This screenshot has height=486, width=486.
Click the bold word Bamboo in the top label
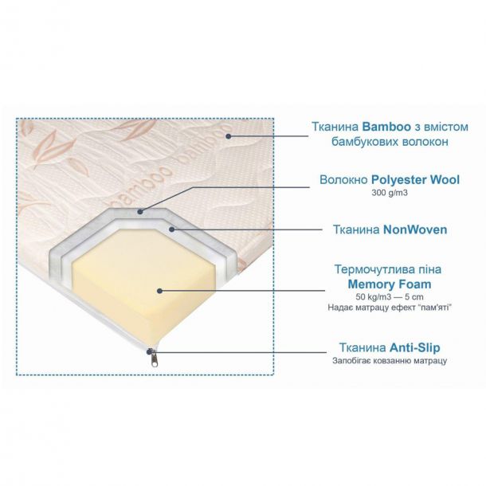click(x=386, y=127)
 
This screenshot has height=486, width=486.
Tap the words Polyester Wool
click(x=415, y=179)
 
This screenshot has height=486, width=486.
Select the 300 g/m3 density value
click(x=390, y=193)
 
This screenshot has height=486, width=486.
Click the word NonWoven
click(x=415, y=229)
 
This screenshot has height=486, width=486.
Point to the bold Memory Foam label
click(x=390, y=284)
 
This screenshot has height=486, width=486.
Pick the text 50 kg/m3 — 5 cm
click(x=390, y=297)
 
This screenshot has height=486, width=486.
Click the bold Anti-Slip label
click(x=415, y=347)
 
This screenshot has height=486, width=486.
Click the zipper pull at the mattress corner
click(x=154, y=360)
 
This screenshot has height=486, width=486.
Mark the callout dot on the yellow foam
click(x=159, y=291)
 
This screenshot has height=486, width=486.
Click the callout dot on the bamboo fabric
click(x=229, y=135)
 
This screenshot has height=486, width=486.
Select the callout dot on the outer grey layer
click(x=140, y=212)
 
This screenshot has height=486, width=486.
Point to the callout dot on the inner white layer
click(x=172, y=229)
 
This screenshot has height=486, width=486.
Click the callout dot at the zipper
click(x=150, y=351)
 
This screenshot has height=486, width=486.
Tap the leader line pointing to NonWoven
click(x=247, y=229)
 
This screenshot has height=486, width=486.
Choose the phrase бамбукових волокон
click(x=390, y=142)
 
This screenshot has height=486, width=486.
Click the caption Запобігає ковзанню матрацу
click(x=390, y=361)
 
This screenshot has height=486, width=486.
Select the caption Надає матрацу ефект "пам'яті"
click(x=390, y=308)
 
